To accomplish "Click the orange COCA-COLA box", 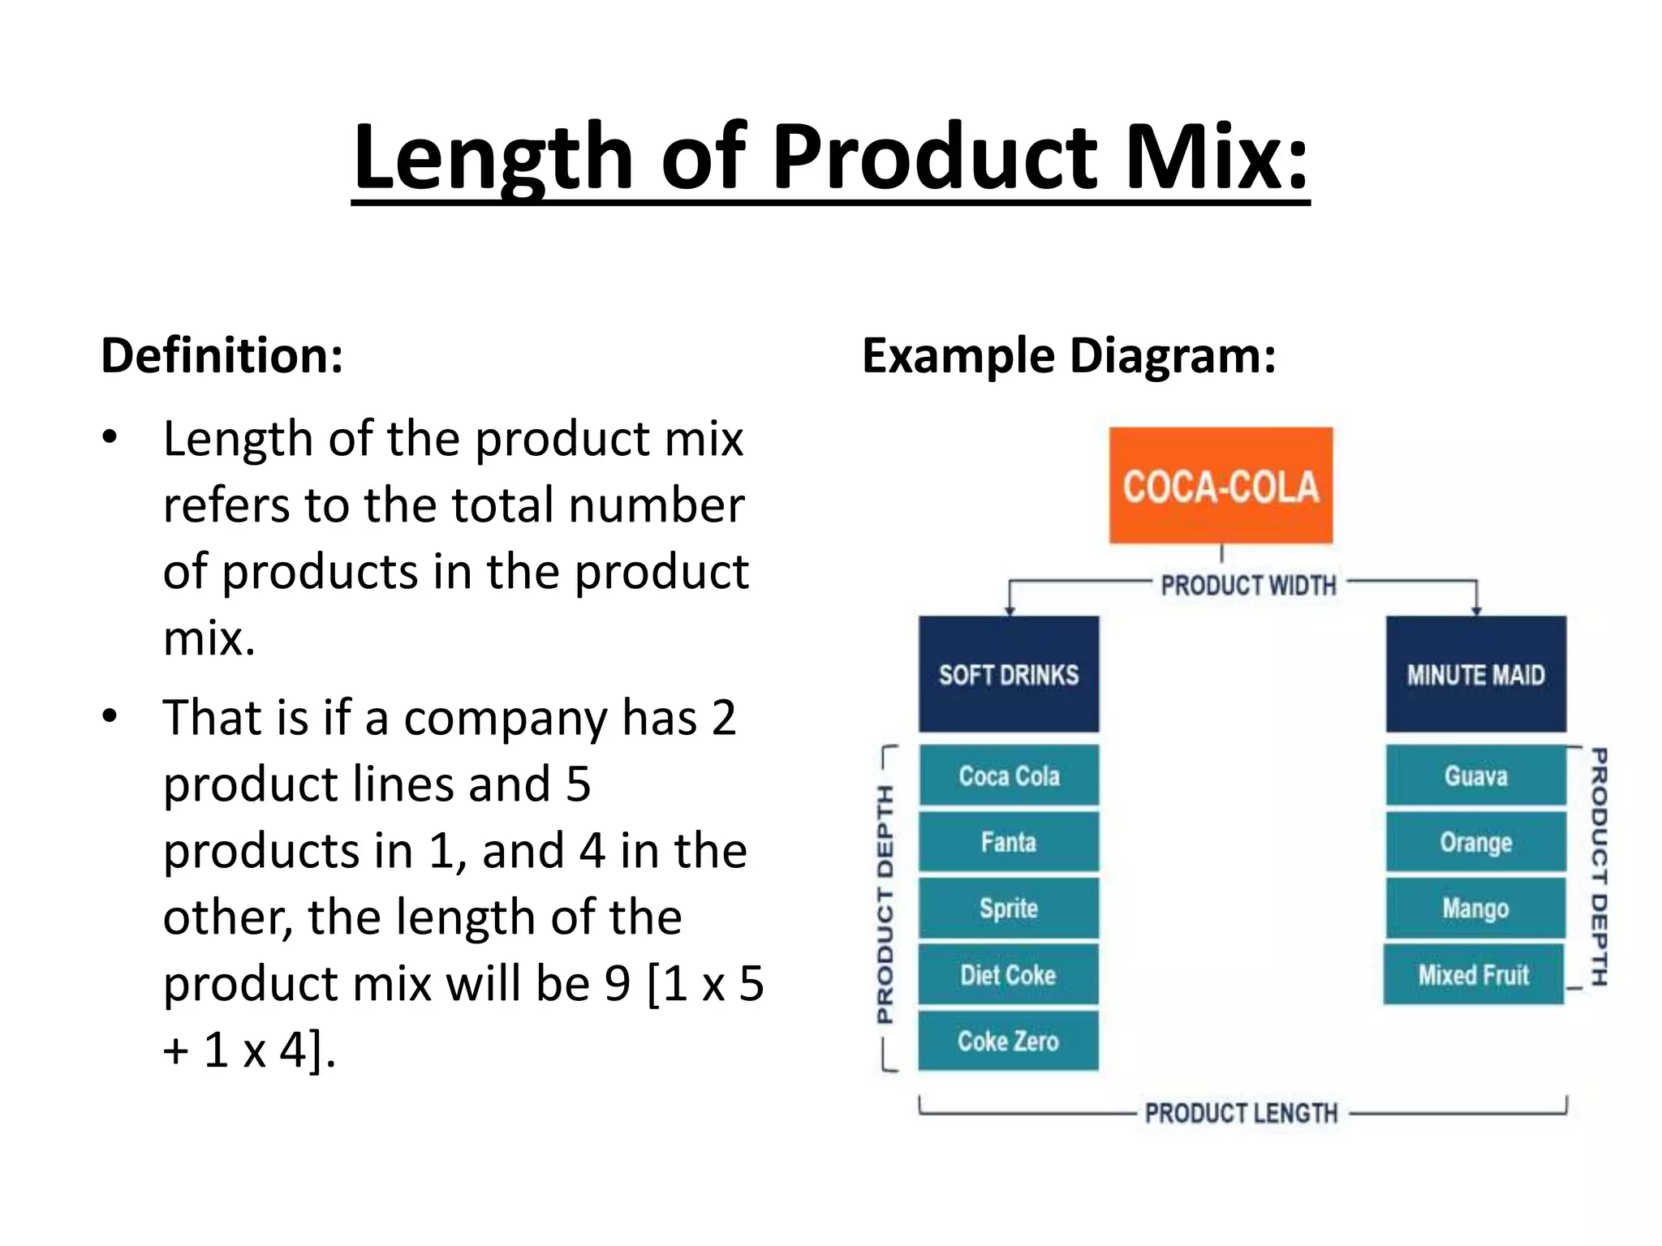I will [1221, 485].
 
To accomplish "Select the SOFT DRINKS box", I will [1009, 674].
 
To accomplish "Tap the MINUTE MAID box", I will [1475, 674].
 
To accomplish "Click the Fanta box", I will [1009, 842].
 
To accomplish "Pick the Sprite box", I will [1009, 909].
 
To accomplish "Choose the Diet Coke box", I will [1009, 974].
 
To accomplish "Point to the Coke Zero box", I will [1009, 1041].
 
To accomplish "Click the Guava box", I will [1475, 776].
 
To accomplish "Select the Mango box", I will [1475, 909].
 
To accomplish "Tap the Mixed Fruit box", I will [1474, 974].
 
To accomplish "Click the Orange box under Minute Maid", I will [1475, 842].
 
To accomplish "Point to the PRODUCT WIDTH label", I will [1248, 585].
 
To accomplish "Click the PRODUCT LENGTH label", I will [1241, 1113].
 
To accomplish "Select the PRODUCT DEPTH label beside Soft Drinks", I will [885, 904].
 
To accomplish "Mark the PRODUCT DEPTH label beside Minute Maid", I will [1598, 866].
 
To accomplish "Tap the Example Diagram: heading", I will [1069, 355].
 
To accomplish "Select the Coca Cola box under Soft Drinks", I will [1009, 776].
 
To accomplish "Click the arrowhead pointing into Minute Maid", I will [1476, 610].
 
